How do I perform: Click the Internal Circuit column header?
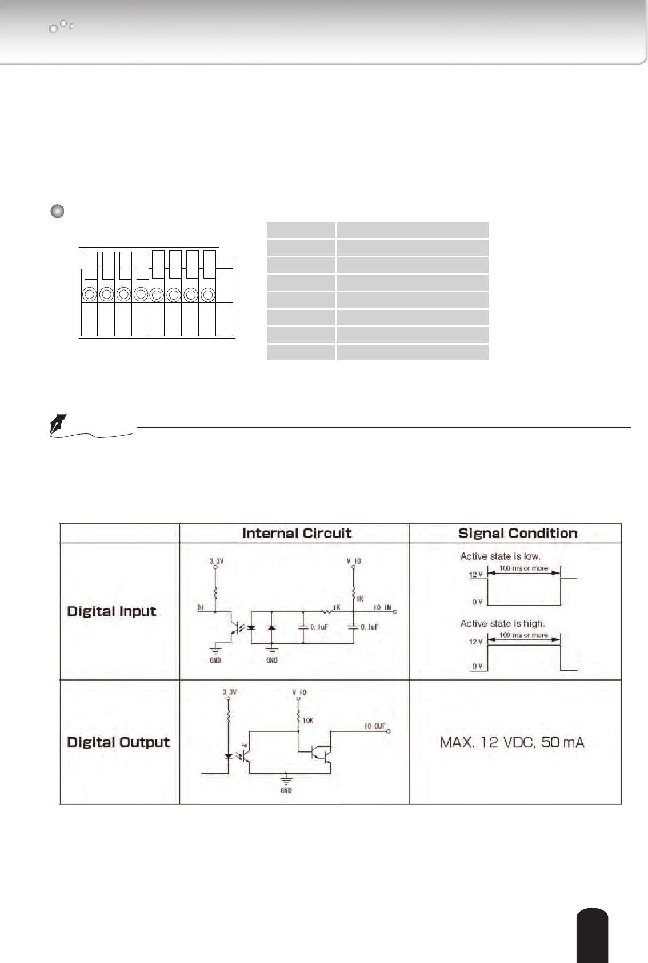pos(297,534)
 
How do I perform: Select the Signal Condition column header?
pos(518,534)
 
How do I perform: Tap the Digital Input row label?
pos(111,611)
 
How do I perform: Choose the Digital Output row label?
pos(118,742)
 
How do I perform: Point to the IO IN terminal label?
pos(382,607)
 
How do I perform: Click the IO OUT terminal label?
pos(375,726)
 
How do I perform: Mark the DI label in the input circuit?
pos(201,608)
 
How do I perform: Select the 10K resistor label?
pos(308,721)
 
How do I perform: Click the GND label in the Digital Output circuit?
pos(286,791)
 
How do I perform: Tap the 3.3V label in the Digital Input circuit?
pos(216,562)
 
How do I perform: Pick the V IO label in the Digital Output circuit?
pos(299,693)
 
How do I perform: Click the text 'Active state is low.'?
pos(500,556)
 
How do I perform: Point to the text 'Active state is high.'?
pos(502,623)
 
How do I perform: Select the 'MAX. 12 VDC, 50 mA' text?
pos(512,743)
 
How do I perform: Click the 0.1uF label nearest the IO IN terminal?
pos(369,627)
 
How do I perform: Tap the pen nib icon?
pos(58,425)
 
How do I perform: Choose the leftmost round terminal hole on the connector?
pos(89,295)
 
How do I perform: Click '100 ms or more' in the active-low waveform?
pos(523,568)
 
